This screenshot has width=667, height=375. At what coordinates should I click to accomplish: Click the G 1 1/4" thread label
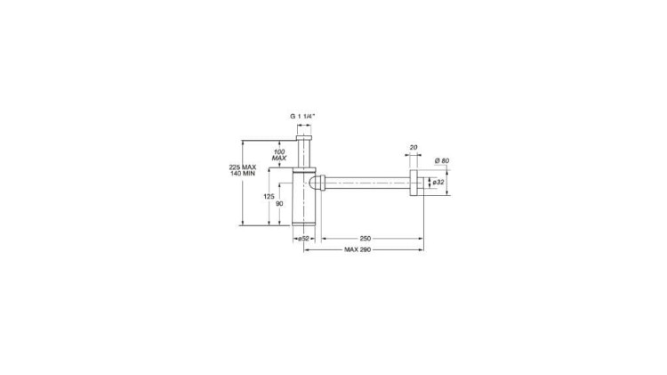pos(302,116)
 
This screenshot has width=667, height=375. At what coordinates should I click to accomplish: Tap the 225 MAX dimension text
pos(243,167)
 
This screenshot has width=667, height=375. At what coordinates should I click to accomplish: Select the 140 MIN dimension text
pos(243,174)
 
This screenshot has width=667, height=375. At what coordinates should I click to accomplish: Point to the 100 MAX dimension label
pos(279,155)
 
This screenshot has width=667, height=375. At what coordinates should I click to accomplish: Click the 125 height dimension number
pos(269,197)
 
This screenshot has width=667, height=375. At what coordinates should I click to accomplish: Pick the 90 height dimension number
pos(279,204)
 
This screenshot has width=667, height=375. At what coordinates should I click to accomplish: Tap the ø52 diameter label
pos(303,239)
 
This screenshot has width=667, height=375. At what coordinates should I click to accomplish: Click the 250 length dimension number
pos(366,239)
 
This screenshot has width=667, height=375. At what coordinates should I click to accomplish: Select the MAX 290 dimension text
pos(358,249)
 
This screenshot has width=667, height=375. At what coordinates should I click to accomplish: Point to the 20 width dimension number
pos(414,148)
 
